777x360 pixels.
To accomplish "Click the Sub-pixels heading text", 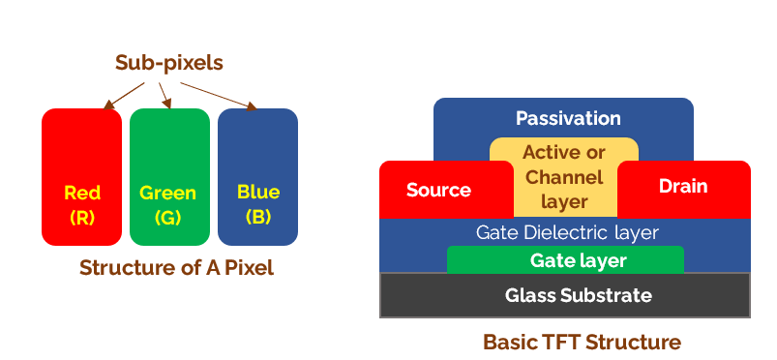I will pyautogui.click(x=169, y=63).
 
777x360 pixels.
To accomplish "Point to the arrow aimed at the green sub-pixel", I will pyautogui.click(x=164, y=95).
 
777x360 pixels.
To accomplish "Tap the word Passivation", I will pyautogui.click(x=568, y=118).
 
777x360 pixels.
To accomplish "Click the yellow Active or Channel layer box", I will pyautogui.click(x=564, y=177).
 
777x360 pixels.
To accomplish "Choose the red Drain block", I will pyautogui.click(x=683, y=187).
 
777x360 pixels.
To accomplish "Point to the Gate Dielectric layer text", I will pyautogui.click(x=567, y=233).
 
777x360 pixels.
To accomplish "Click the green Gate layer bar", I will pyautogui.click(x=565, y=260).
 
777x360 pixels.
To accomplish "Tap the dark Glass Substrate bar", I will pyautogui.click(x=565, y=295).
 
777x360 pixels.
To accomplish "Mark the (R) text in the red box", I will pyautogui.click(x=82, y=218).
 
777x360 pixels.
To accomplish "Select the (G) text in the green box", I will pyautogui.click(x=168, y=218).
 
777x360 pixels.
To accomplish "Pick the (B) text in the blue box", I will pyautogui.click(x=257, y=217).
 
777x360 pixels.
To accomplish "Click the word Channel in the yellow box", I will pyautogui.click(x=564, y=177).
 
